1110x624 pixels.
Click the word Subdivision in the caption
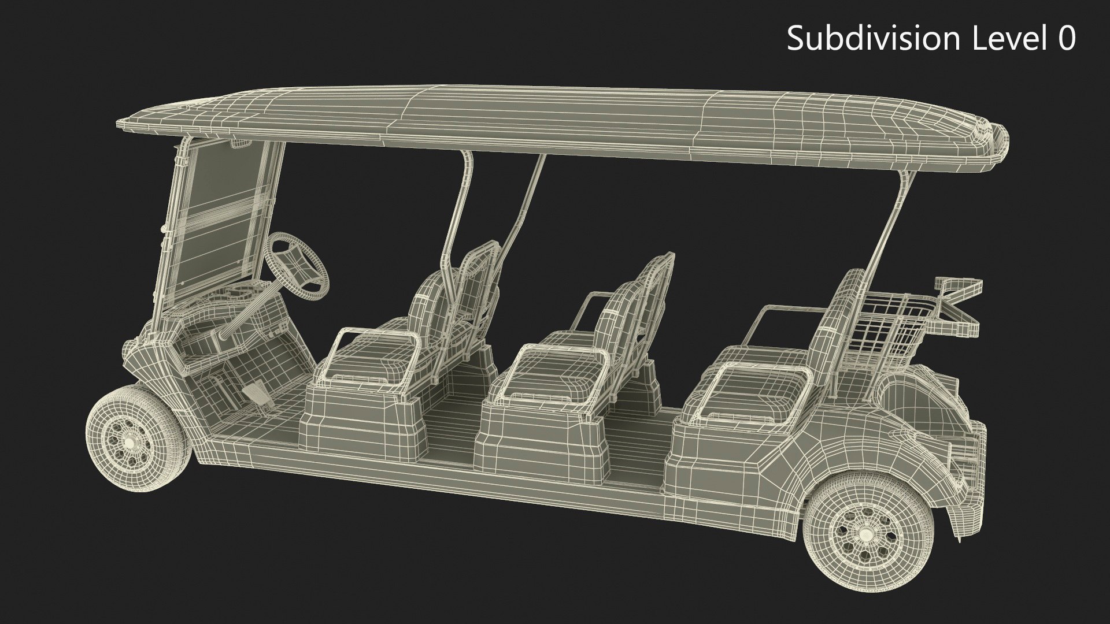click(x=871, y=39)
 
